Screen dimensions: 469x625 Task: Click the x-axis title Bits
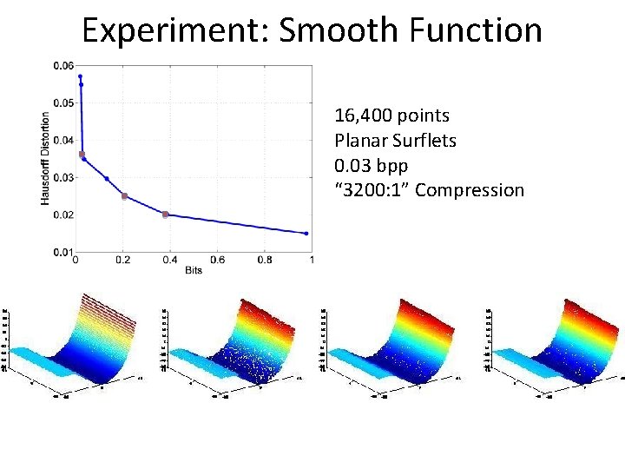point(193,271)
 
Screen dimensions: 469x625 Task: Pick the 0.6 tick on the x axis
point(217,260)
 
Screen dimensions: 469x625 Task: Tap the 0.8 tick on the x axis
point(264,260)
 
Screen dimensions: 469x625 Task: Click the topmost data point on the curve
point(80,76)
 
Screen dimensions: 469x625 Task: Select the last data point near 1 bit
point(306,234)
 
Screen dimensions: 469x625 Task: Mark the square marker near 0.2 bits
point(124,196)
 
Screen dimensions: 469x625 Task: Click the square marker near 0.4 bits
point(166,215)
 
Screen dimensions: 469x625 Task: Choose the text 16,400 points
point(391,116)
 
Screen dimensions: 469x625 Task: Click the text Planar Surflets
point(395,140)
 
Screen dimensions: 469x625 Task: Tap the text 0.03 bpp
point(371,165)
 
